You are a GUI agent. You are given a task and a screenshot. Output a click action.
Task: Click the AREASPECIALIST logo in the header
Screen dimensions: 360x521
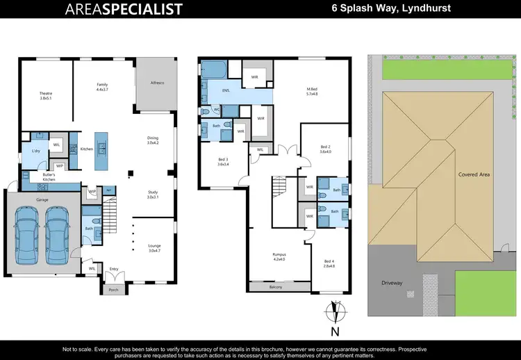click(x=124, y=9)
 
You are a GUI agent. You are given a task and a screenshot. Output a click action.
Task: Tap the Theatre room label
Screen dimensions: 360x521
click(x=46, y=95)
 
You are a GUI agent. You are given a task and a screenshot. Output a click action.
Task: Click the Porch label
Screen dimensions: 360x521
click(x=115, y=290)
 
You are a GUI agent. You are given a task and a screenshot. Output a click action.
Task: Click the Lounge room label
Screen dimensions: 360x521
click(x=154, y=247)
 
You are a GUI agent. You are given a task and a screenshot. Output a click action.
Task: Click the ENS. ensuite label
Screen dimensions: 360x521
click(x=226, y=90)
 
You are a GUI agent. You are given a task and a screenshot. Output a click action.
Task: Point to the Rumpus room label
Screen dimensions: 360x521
click(x=279, y=256)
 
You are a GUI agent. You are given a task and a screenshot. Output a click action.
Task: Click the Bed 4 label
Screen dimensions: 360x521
click(x=329, y=263)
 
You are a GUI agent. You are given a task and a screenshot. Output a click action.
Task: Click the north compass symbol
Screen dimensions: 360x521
click(x=334, y=313)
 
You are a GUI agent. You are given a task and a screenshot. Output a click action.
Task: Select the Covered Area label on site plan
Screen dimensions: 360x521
click(x=474, y=174)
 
